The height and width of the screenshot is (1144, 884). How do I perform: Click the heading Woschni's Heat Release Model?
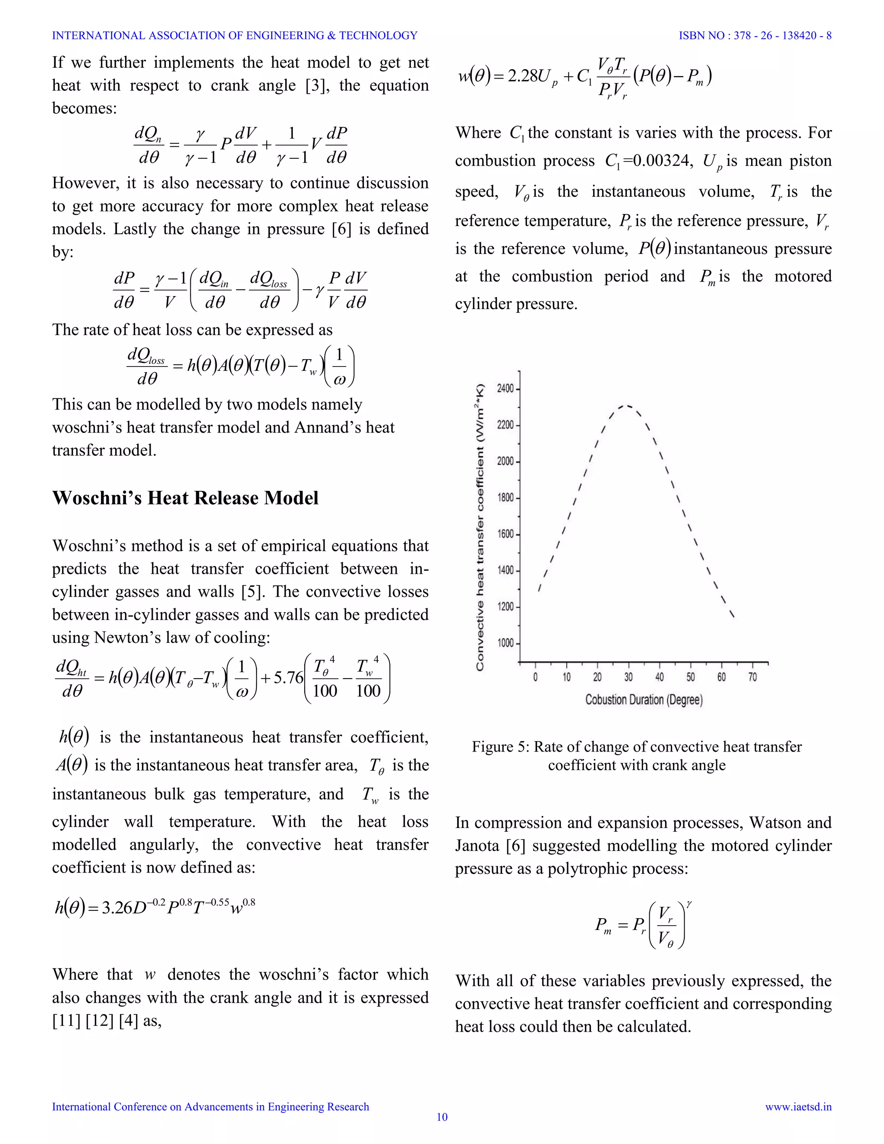[x=185, y=498]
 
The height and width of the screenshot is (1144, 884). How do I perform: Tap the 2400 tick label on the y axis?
[x=505, y=389]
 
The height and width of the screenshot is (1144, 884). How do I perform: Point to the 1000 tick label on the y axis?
[x=505, y=643]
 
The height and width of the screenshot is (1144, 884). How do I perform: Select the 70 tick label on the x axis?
[x=752, y=677]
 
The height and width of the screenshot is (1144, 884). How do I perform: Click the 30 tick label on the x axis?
[x=628, y=677]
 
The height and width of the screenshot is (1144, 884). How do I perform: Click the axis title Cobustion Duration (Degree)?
[x=644, y=700]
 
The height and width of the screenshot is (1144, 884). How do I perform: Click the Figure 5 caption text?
[x=636, y=755]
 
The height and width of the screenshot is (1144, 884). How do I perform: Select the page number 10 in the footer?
[x=442, y=1117]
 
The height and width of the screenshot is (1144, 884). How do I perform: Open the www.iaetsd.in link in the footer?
[x=798, y=1106]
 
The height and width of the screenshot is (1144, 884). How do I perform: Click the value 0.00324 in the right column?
[x=661, y=160]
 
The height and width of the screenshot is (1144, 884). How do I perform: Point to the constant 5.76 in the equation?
[x=288, y=678]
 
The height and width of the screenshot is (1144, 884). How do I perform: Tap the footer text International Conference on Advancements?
[x=211, y=1106]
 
